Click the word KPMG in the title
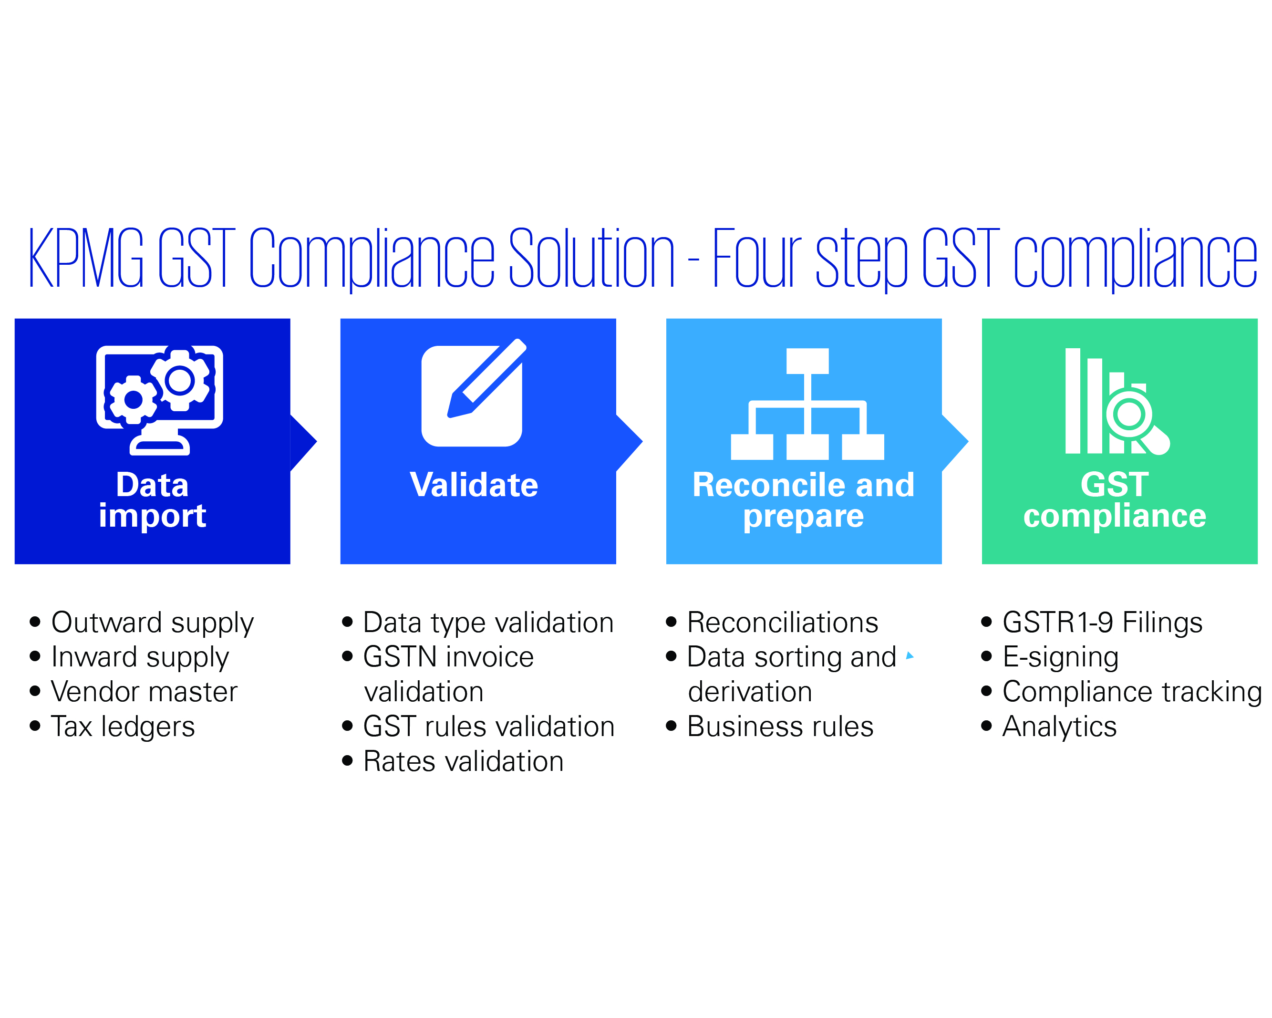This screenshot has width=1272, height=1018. (x=86, y=258)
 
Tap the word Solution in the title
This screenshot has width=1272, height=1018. (x=592, y=258)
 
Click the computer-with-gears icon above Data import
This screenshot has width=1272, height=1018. (x=160, y=400)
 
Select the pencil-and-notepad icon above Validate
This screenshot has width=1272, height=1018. (x=474, y=393)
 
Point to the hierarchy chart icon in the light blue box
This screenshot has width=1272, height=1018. (x=807, y=404)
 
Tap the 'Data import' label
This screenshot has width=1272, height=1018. (x=152, y=500)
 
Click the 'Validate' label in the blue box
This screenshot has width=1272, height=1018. (x=474, y=485)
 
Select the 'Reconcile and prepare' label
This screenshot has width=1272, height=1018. (x=804, y=500)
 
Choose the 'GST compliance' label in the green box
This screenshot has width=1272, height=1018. (x=1115, y=500)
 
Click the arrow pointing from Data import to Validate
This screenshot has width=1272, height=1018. (x=303, y=443)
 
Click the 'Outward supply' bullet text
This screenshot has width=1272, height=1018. (x=152, y=623)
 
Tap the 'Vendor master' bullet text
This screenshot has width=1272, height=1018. (x=144, y=692)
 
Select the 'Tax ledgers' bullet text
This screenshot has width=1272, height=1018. (x=123, y=727)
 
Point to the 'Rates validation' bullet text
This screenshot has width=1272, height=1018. (x=464, y=761)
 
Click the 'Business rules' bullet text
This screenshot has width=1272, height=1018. (x=780, y=727)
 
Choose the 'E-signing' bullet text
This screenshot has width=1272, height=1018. (x=1060, y=658)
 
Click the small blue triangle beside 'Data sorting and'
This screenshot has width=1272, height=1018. (x=909, y=655)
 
